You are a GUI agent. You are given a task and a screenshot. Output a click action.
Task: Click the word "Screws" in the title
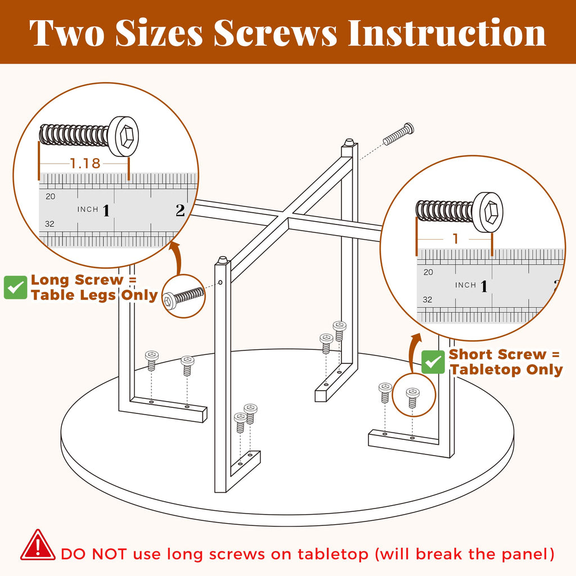point(275,33)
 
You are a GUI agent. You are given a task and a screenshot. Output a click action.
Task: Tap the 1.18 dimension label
point(85,164)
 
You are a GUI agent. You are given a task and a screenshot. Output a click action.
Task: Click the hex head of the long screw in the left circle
point(124,137)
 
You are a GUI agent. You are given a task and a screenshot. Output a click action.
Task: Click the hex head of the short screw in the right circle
point(488,212)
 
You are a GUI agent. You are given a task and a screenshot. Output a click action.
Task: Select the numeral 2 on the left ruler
point(180,210)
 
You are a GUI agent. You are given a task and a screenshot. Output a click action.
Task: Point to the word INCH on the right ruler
point(465,285)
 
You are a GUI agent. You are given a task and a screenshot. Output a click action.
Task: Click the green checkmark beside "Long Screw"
point(15,287)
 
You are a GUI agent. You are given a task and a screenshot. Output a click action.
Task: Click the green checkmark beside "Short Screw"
point(433,362)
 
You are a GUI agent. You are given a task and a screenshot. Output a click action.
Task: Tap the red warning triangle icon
point(38,546)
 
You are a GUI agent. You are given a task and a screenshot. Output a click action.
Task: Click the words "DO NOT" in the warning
point(94,554)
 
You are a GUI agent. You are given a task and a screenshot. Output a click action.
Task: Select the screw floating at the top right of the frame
point(399,134)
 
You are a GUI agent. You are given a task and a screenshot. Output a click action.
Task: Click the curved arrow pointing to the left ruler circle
point(177,256)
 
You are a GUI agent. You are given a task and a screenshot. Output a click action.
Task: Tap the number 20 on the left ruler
point(50,196)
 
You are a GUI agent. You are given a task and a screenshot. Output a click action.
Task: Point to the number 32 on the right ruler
point(427,300)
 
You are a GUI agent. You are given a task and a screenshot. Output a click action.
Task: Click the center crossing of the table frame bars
point(288,218)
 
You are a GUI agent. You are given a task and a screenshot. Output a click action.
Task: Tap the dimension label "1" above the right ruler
point(456,238)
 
